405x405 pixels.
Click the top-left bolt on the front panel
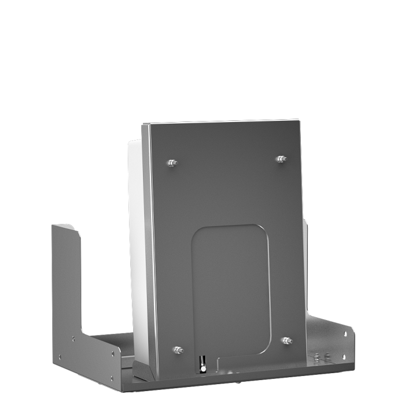point(171,163)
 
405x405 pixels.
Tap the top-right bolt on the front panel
point(281,159)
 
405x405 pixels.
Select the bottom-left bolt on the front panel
point(178,349)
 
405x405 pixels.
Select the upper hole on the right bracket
point(345,333)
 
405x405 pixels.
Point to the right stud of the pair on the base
point(327,356)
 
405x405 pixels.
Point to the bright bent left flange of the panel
point(148,243)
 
